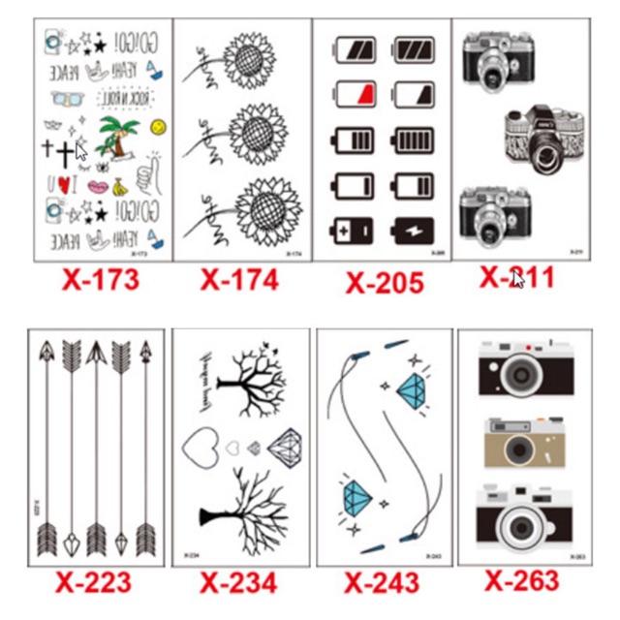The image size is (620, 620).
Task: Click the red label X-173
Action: click(101, 280)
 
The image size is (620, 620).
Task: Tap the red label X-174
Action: click(239, 280)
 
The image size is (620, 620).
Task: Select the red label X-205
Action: click(384, 283)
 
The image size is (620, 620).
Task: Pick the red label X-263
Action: click(522, 580)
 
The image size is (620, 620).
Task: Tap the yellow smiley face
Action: click(158, 126)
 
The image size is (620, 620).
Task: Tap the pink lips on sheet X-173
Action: click(99, 186)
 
